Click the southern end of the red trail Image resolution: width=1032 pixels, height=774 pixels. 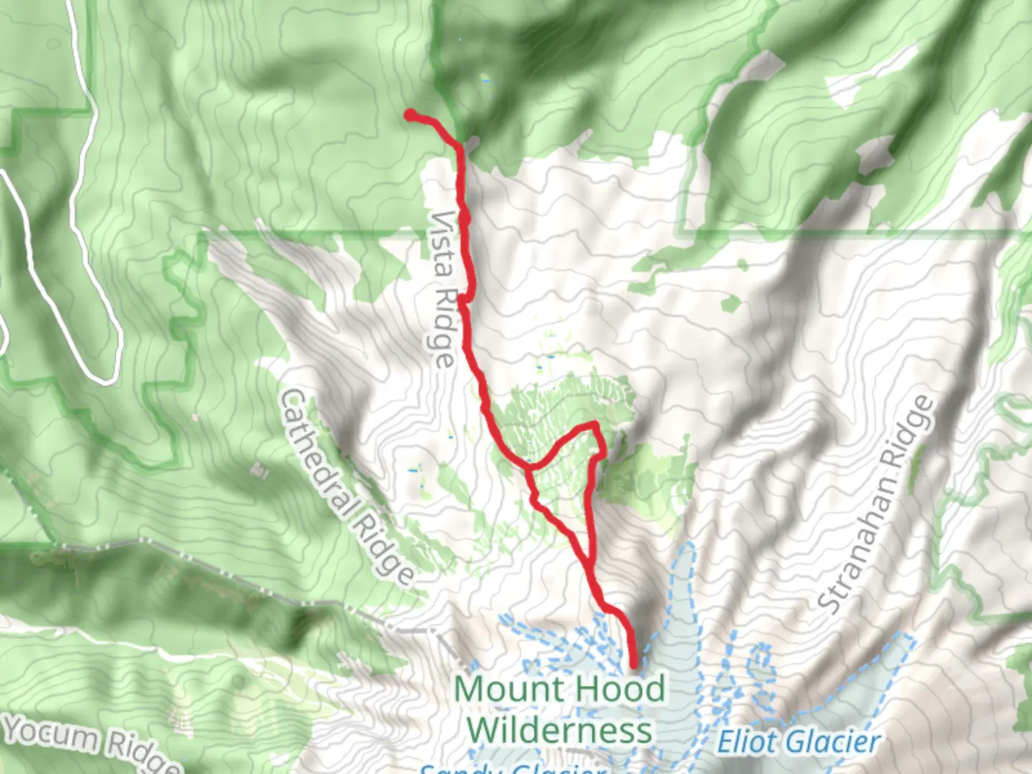pyautogui.click(x=634, y=665)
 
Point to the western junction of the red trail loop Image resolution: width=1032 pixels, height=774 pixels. pyautogui.click(x=529, y=467)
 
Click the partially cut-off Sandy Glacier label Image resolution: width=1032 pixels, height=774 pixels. pyautogui.click(x=512, y=769)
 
